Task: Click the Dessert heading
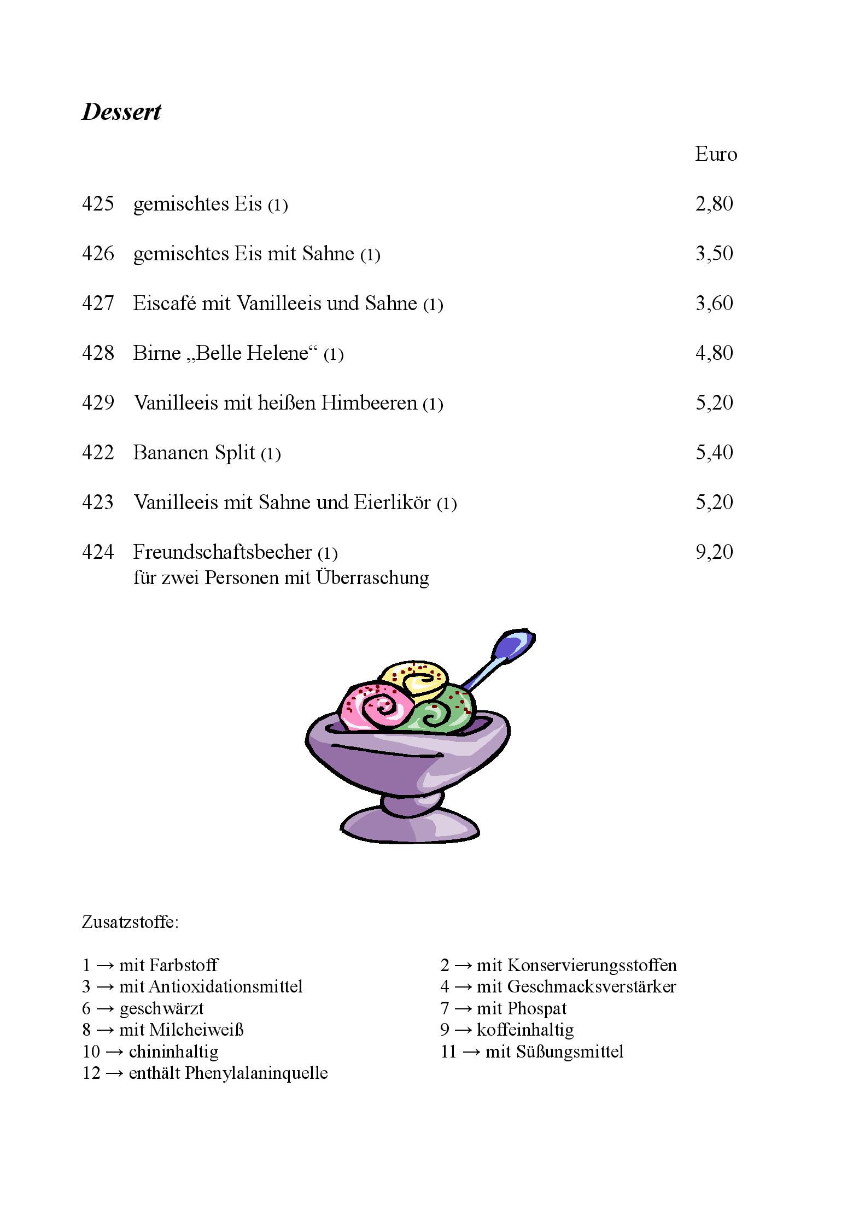tap(121, 112)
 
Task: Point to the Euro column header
tap(716, 154)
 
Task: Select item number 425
tap(98, 204)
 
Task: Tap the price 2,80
tap(714, 204)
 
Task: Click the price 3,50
tap(714, 254)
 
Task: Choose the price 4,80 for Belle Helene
tap(714, 353)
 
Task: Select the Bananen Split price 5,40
tap(714, 453)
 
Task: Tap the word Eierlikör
tap(392, 503)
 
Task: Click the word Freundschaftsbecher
tap(223, 552)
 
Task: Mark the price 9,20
tap(714, 552)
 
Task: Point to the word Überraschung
tap(372, 577)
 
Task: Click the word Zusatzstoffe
tap(130, 922)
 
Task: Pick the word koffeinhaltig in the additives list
tap(525, 1030)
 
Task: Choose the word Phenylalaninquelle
tap(256, 1073)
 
